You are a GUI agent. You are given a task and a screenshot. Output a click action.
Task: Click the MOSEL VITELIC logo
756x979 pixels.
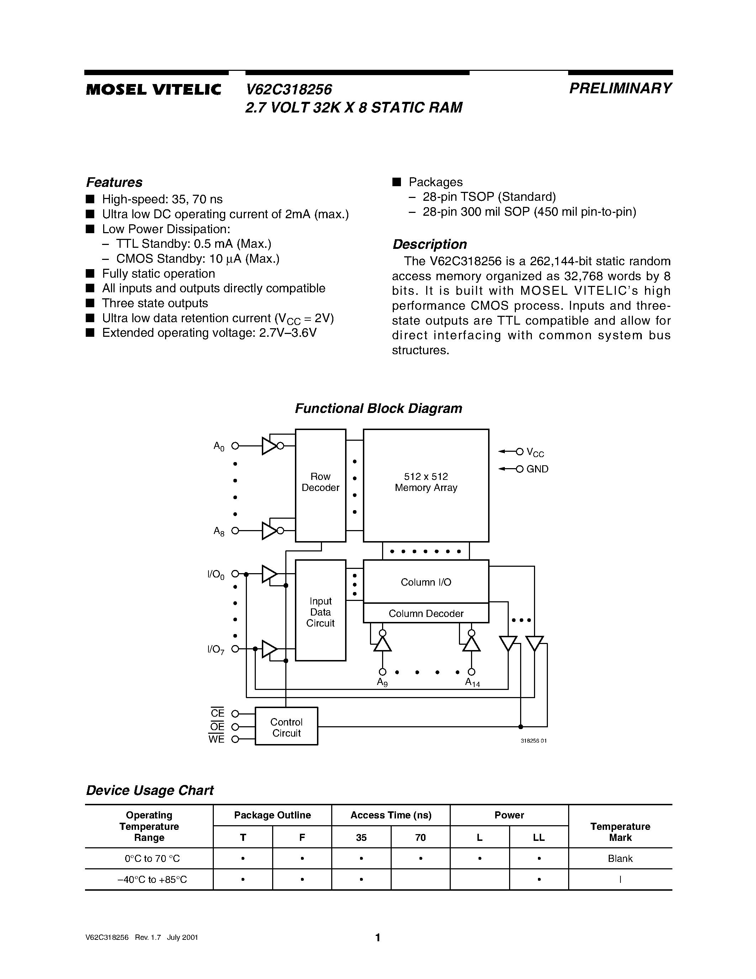tap(154, 90)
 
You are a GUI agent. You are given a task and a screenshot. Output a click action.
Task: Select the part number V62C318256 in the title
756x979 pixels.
tap(289, 90)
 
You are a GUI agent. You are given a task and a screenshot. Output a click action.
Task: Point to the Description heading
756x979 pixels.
tap(429, 244)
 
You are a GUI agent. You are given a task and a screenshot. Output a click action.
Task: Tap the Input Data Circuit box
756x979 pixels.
tap(320, 612)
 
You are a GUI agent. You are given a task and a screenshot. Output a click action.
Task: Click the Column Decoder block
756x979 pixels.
tap(425, 613)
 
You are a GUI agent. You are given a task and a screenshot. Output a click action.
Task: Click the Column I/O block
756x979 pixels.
tap(425, 582)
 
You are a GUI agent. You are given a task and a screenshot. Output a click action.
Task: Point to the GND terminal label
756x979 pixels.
tap(537, 469)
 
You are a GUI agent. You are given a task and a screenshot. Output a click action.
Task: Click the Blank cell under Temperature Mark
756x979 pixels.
tap(620, 858)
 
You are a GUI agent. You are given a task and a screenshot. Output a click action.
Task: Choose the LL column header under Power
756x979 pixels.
tap(539, 838)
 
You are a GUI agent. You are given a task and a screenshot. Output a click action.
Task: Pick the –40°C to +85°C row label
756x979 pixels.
tap(152, 879)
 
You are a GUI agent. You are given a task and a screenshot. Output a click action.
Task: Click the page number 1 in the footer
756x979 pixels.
tap(377, 937)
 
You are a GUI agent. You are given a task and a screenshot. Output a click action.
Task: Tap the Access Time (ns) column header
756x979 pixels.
tap(391, 815)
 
